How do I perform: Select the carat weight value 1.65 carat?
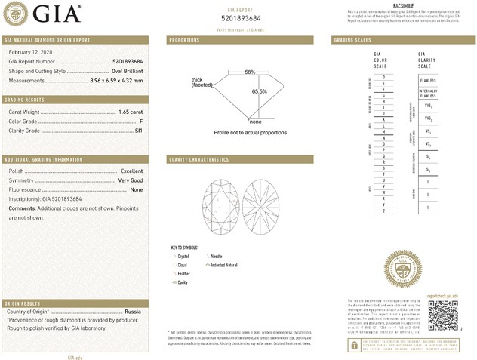pyautogui.click(x=131, y=112)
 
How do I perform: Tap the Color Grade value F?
pyautogui.click(x=141, y=121)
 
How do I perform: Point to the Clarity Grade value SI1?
pyautogui.click(x=138, y=130)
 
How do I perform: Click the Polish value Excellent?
pyautogui.click(x=131, y=171)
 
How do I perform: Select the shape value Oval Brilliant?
pyautogui.click(x=122, y=70)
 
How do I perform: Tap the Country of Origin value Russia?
pyautogui.click(x=133, y=311)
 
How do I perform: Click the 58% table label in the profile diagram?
pyautogui.click(x=250, y=72)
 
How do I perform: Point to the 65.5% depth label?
pyautogui.click(x=259, y=91)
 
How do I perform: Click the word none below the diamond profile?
pyautogui.click(x=255, y=122)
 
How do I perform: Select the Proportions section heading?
pyautogui.click(x=184, y=39)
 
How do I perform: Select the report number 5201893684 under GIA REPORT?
pyautogui.click(x=242, y=18)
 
